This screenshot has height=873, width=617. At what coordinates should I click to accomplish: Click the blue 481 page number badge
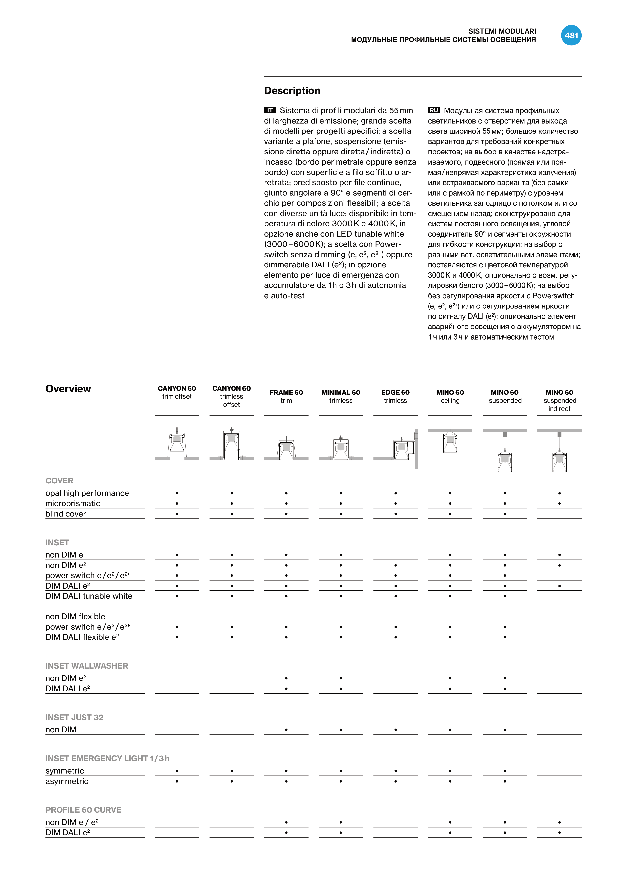571,35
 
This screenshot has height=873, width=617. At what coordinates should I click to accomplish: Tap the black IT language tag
270,110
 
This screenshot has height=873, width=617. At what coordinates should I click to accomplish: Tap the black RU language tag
434,110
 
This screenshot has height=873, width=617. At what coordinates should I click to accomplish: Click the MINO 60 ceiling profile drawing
450,442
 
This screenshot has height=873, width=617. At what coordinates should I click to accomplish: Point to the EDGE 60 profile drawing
399,449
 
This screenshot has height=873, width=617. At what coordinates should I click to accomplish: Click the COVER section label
59,480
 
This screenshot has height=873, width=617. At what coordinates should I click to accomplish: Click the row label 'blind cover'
66,514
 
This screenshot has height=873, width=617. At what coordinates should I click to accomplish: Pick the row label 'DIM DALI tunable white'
89,596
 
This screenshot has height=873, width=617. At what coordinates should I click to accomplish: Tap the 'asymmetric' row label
67,781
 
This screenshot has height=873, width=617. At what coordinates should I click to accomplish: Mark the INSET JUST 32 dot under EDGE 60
395,730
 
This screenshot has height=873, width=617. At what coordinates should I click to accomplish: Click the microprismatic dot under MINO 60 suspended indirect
559,503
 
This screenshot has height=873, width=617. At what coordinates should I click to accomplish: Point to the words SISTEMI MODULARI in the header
502,31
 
